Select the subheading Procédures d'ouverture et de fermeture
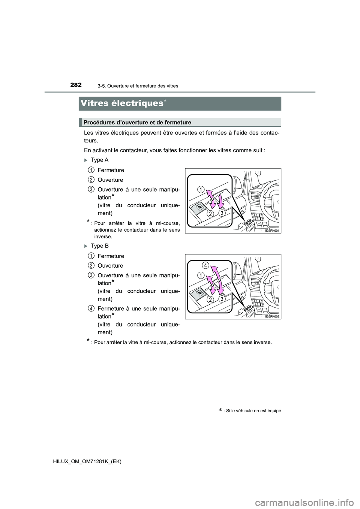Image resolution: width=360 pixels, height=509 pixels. (137, 123)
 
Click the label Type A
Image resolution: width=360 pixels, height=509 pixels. (99, 160)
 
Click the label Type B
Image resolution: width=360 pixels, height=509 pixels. (99, 246)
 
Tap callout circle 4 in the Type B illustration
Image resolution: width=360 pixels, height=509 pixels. (206, 265)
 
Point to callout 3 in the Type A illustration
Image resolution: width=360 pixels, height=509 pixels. (222, 213)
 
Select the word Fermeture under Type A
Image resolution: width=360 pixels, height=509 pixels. (111, 170)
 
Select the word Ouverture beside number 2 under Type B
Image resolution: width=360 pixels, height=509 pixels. (110, 266)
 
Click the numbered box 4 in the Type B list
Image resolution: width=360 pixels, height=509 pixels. (91, 308)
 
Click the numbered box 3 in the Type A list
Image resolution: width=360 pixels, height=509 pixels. (91, 189)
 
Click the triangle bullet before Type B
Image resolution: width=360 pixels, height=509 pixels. (86, 246)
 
